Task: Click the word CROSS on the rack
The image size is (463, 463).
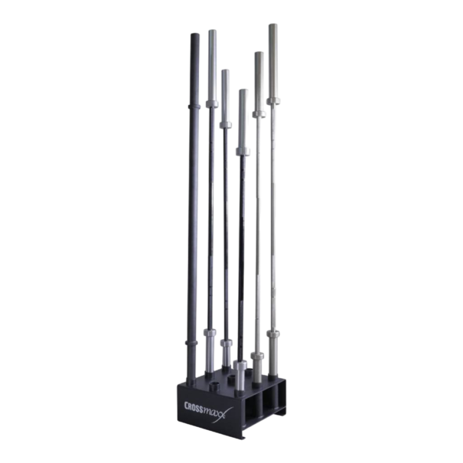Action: (x=194, y=406)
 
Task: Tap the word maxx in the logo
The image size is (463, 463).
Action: (x=215, y=412)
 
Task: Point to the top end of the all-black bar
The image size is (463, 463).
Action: (x=194, y=34)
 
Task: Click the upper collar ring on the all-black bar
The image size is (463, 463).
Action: (x=194, y=106)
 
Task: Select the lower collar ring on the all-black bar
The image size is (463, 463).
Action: (x=191, y=343)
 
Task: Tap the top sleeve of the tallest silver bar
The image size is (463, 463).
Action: (x=273, y=61)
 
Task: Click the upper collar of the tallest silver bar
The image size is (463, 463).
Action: (x=273, y=101)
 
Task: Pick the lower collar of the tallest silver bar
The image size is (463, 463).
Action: (x=273, y=334)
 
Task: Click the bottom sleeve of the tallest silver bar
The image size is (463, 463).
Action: (x=273, y=357)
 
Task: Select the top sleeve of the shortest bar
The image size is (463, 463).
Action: (x=243, y=119)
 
